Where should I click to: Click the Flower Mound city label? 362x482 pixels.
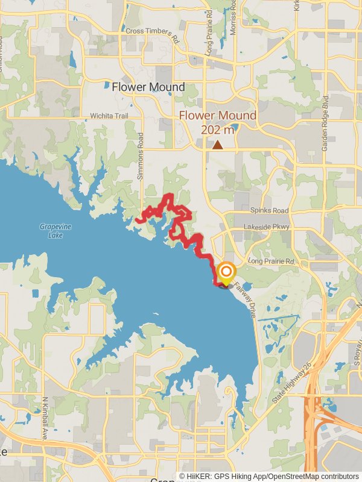[x=148, y=87]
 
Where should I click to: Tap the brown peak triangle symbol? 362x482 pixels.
[x=217, y=145]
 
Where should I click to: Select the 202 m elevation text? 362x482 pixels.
[x=217, y=128]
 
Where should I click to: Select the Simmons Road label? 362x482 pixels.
[x=141, y=156]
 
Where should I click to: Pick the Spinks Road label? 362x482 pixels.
[x=269, y=211]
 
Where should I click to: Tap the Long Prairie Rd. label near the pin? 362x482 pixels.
[x=272, y=262]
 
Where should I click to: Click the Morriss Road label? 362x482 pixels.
[x=233, y=17]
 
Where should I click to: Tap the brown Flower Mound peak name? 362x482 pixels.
[x=217, y=115]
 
